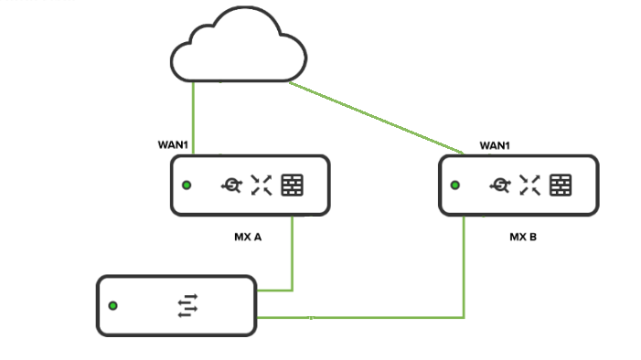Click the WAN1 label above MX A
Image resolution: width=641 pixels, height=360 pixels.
pos(174,145)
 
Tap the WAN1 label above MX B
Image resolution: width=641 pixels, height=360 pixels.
pos(495,145)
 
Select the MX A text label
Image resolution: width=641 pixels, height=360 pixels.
pos(248,237)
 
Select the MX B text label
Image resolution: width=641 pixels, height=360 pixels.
pos(523,237)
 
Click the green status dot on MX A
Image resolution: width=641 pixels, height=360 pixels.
pos(187,185)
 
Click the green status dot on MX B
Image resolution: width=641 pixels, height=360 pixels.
pos(454,185)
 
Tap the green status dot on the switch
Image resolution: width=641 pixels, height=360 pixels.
pos(112,306)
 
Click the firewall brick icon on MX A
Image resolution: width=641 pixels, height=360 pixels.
pos(293,185)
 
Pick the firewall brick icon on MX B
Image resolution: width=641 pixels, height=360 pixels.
pos(561,185)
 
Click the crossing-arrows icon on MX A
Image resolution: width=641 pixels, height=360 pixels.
pos(262,185)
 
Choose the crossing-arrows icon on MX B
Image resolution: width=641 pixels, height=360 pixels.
pos(529,185)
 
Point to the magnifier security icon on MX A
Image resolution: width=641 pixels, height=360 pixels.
pos(231,185)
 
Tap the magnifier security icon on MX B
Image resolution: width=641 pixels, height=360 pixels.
pos(499,185)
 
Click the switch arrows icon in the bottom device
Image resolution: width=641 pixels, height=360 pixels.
pos(187,306)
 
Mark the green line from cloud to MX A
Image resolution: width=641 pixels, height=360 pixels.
pos(193,119)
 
